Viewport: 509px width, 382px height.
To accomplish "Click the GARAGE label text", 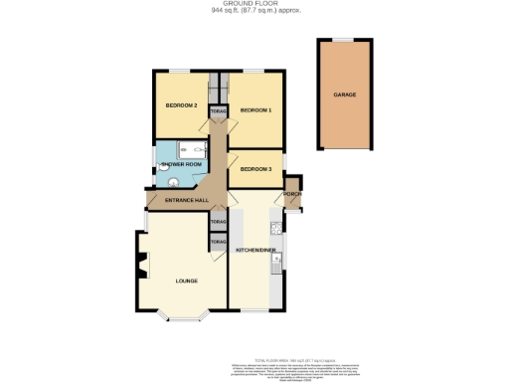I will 344,95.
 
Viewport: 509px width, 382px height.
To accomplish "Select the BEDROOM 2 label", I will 181,105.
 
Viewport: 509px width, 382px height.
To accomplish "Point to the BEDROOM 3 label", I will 255,170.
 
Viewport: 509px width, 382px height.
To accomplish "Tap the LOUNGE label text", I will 187,281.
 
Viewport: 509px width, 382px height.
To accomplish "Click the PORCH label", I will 292,194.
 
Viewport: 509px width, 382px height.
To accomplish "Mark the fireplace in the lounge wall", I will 142,266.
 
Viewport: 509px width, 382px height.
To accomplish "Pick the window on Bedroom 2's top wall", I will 181,71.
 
